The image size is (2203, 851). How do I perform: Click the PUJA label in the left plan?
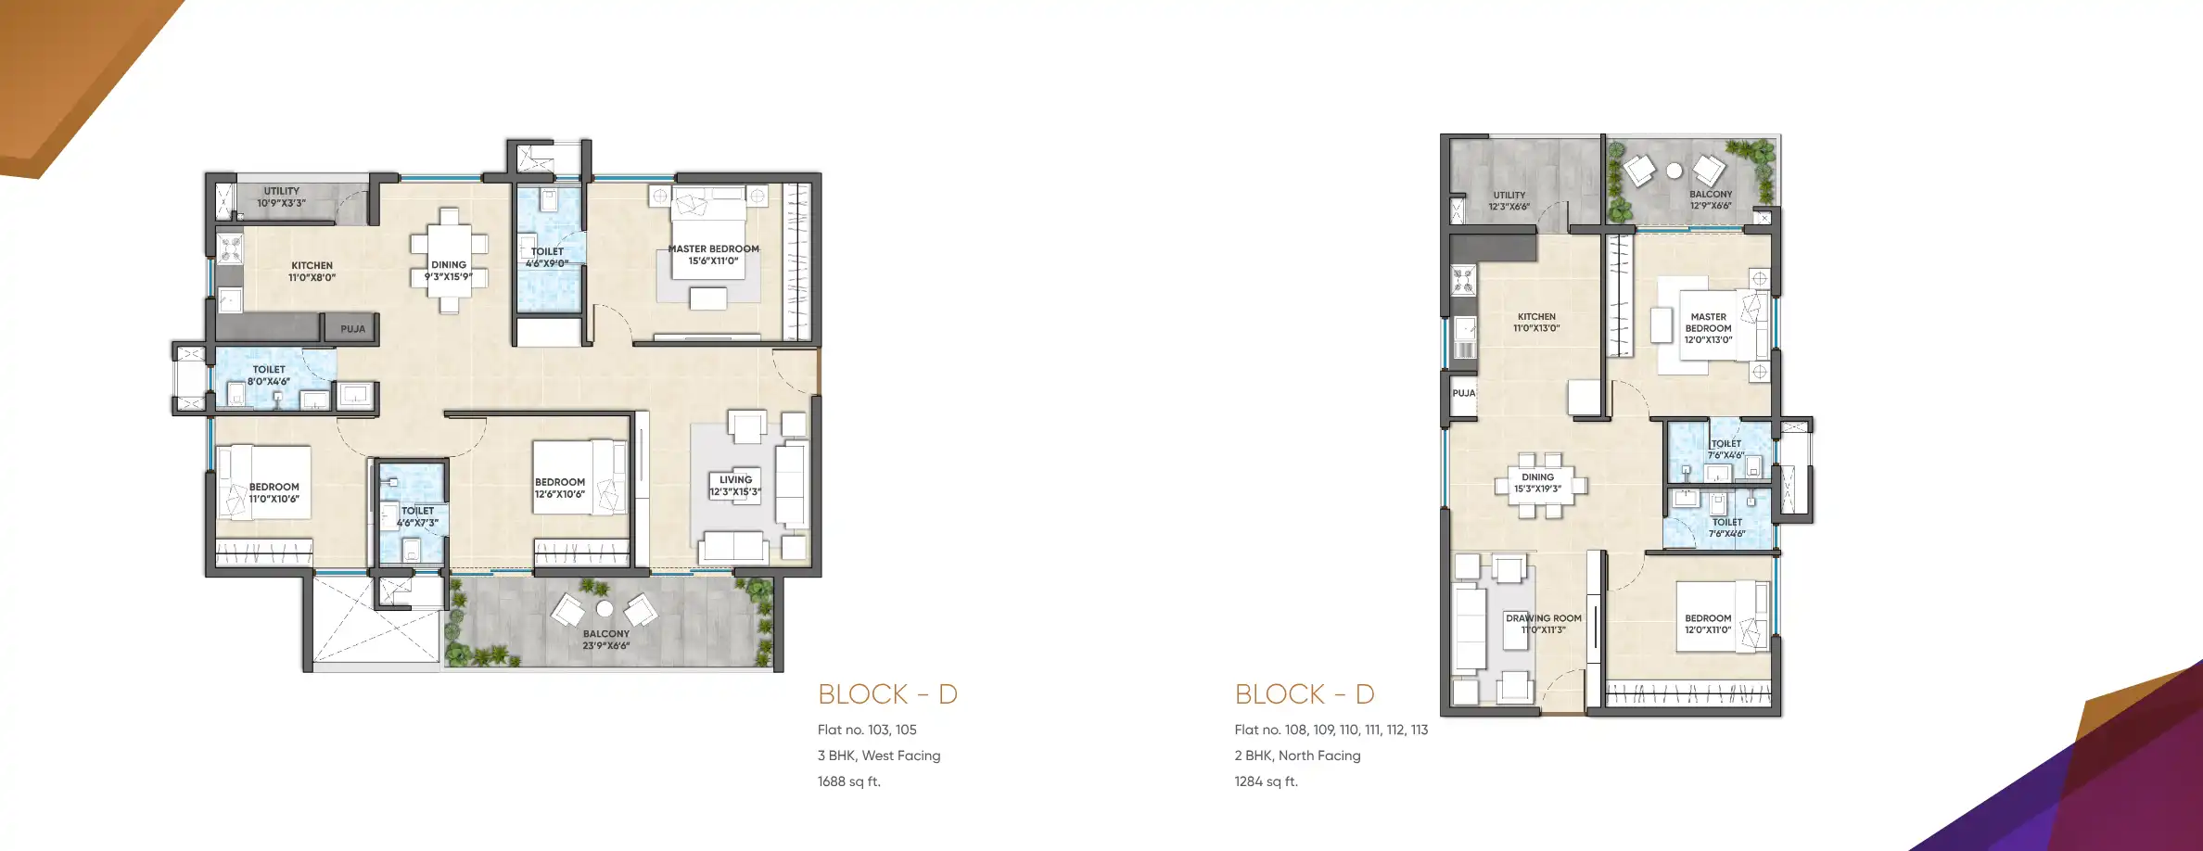[352, 329]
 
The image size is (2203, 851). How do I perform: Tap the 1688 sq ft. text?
[848, 781]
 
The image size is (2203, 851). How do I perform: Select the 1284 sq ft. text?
[1266, 781]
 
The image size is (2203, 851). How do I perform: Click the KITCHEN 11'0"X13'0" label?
[1536, 323]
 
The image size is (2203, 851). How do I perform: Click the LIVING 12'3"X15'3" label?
[735, 486]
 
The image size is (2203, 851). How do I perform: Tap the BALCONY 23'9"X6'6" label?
[605, 640]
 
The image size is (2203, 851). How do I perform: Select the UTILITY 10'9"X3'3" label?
[281, 197]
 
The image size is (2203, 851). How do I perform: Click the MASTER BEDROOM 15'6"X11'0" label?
[713, 255]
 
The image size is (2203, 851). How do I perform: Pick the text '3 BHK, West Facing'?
[878, 756]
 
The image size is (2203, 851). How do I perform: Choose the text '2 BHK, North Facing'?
[1297, 756]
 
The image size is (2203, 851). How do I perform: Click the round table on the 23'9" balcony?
[605, 609]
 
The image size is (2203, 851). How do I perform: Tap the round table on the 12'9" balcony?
[1674, 171]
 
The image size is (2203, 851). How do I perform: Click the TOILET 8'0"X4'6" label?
[269, 375]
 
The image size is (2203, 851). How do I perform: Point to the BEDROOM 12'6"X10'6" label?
[559, 489]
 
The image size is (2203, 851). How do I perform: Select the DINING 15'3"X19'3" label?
[1537, 483]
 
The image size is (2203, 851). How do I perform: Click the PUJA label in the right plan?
[1463, 393]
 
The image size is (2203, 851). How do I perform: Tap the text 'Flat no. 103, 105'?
[867, 730]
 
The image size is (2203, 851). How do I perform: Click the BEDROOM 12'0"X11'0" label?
[1707, 624]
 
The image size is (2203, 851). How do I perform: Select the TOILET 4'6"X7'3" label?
[417, 516]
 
